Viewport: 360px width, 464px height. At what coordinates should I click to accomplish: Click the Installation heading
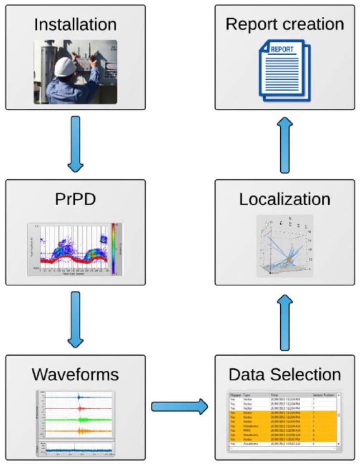point(75,24)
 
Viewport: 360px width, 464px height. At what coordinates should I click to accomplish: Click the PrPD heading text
point(75,199)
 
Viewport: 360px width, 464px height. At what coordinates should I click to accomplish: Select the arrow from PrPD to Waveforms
point(75,320)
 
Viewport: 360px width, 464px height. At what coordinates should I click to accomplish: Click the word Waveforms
point(75,375)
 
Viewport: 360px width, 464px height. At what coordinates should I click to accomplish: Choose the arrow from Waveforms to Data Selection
point(179,407)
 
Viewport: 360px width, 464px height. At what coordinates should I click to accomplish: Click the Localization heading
point(284,199)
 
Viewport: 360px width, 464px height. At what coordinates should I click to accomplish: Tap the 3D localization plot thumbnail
point(284,246)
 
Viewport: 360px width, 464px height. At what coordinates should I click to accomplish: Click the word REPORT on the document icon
point(282,49)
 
